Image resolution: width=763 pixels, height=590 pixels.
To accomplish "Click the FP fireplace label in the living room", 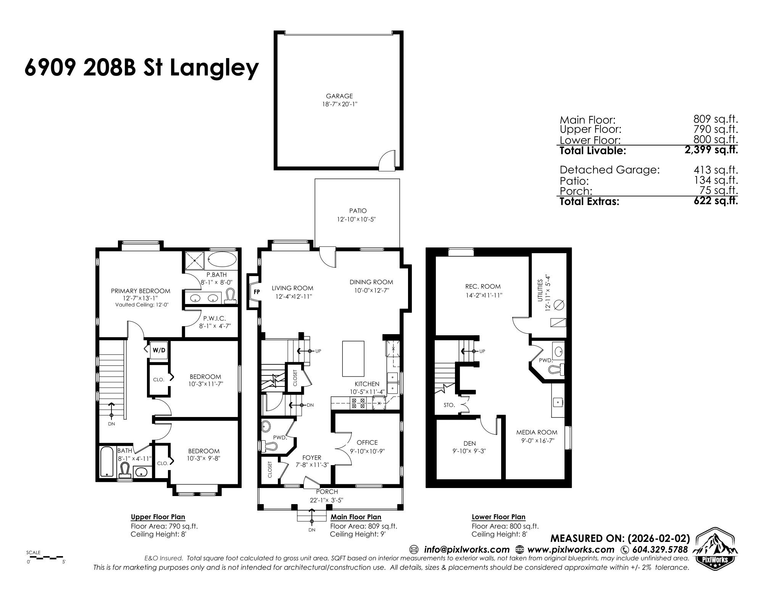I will coord(257,292).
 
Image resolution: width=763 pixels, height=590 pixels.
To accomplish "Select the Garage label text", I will coord(339,96).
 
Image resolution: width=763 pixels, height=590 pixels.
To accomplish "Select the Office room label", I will coord(367,442).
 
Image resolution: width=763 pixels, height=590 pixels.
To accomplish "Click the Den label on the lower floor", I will coord(469,443).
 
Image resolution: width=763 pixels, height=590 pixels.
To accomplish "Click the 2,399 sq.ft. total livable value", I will coord(711,150).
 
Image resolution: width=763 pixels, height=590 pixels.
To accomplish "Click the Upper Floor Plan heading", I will coord(158,517).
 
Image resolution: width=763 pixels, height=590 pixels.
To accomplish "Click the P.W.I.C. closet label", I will coord(215,318).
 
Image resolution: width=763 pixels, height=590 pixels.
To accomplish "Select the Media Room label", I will coord(536,432).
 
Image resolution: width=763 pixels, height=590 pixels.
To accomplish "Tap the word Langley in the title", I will coord(214,68).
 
